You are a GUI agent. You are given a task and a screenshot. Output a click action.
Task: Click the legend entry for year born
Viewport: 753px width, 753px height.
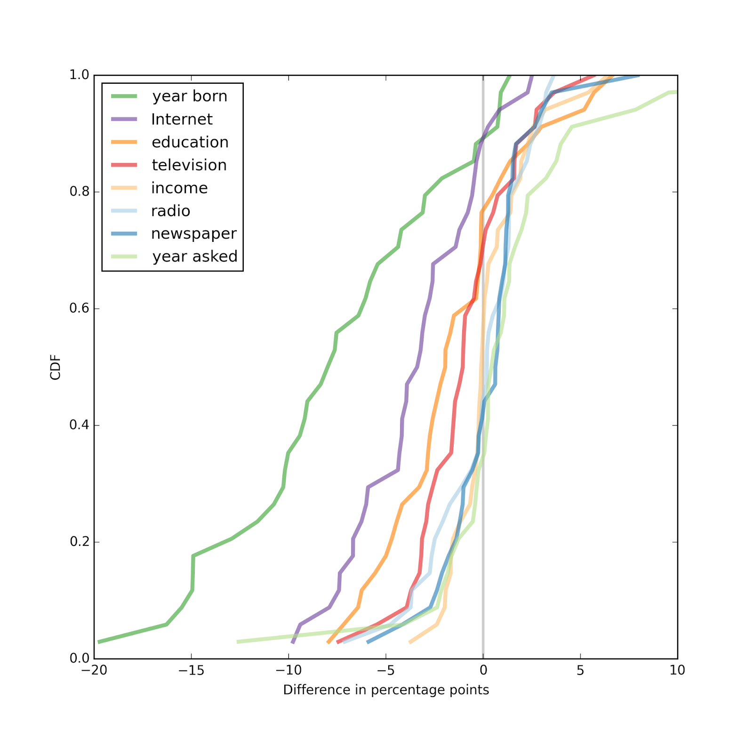click(x=190, y=96)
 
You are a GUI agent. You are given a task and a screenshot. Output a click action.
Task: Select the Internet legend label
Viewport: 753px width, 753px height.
click(x=182, y=120)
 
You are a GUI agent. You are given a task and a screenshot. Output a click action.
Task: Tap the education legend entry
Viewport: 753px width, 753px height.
click(x=190, y=142)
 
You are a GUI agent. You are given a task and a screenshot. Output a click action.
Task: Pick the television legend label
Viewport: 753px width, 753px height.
click(x=189, y=165)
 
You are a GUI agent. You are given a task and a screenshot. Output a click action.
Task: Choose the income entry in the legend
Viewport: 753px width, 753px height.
click(x=179, y=188)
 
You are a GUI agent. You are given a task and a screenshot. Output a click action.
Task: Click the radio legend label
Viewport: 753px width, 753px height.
click(x=170, y=211)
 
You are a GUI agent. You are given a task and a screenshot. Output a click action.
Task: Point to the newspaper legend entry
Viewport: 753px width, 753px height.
click(x=193, y=234)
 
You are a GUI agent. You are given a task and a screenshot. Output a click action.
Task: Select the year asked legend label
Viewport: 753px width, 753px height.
click(x=195, y=256)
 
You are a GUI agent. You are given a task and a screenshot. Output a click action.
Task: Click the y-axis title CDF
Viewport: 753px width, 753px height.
click(x=56, y=367)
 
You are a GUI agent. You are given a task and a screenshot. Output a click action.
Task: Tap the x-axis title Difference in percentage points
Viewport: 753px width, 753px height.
click(x=386, y=690)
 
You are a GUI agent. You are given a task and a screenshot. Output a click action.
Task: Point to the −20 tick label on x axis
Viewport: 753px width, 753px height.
click(x=94, y=671)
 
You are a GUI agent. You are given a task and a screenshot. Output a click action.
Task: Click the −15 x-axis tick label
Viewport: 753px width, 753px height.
click(x=191, y=671)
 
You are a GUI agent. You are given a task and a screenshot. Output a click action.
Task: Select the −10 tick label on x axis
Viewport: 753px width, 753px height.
click(x=288, y=671)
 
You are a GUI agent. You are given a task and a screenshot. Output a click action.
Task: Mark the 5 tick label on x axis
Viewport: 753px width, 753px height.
click(x=580, y=671)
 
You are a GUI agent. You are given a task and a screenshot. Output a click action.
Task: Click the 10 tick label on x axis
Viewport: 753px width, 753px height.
click(x=677, y=671)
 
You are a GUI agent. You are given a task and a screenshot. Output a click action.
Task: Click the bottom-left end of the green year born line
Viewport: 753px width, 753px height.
click(x=98, y=642)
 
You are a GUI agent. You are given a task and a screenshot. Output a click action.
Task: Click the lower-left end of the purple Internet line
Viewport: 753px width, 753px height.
click(x=293, y=642)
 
